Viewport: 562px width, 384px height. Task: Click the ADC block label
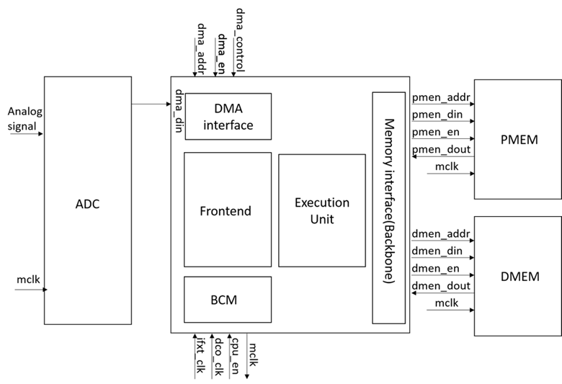pos(86,204)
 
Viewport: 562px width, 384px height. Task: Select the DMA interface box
pos(228,116)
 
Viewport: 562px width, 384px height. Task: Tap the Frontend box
pos(228,210)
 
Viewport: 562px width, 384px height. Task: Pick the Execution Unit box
pos(322,210)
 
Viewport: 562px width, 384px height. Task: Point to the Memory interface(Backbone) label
pos(389,207)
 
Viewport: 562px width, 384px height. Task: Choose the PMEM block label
pos(518,139)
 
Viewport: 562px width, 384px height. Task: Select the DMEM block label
pos(518,276)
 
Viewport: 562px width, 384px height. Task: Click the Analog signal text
pos(25,118)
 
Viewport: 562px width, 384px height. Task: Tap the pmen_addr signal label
pos(441,96)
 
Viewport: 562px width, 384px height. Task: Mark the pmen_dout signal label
pos(441,150)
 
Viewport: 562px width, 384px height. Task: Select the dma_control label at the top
pos(241,40)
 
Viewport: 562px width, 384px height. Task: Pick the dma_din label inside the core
pos(179,110)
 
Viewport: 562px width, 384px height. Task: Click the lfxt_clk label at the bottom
pos(200,356)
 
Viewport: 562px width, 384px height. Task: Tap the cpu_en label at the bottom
pos(235,354)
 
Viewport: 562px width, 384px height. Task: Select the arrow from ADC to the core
pos(151,104)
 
